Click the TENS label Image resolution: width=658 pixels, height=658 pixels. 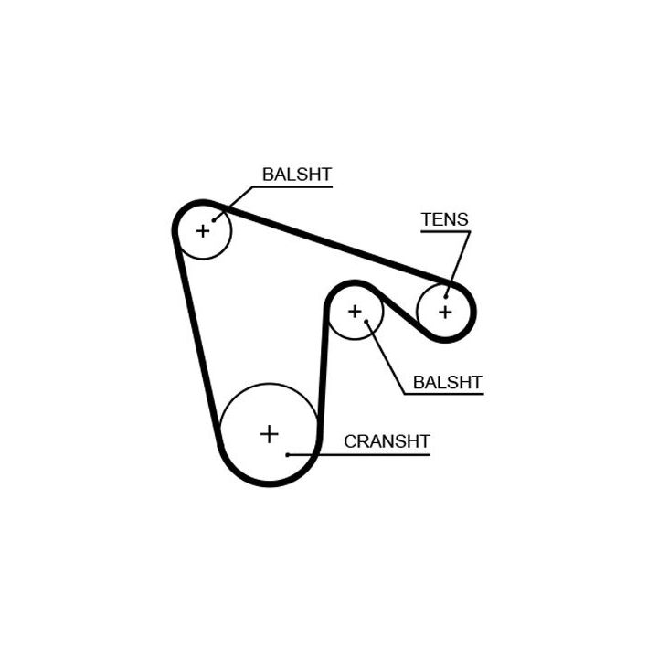(444, 219)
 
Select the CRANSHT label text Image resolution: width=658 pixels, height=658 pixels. (387, 441)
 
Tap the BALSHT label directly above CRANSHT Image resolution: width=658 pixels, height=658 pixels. (448, 382)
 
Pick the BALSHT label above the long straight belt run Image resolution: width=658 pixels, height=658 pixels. (296, 174)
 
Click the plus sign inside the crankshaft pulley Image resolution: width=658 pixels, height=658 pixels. (269, 433)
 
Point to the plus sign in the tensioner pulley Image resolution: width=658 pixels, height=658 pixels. (445, 312)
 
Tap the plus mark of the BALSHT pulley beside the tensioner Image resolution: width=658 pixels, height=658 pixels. (354, 312)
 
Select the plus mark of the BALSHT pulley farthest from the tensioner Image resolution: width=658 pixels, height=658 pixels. (202, 230)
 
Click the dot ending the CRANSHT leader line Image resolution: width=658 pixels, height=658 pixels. (288, 454)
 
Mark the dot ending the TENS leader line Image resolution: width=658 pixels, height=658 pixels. (447, 295)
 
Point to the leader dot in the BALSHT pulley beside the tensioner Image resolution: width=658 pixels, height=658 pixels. (366, 322)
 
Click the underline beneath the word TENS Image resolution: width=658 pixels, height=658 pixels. (444, 231)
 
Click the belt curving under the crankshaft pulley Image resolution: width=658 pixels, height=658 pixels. (269, 482)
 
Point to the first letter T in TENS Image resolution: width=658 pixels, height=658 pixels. (426, 219)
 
